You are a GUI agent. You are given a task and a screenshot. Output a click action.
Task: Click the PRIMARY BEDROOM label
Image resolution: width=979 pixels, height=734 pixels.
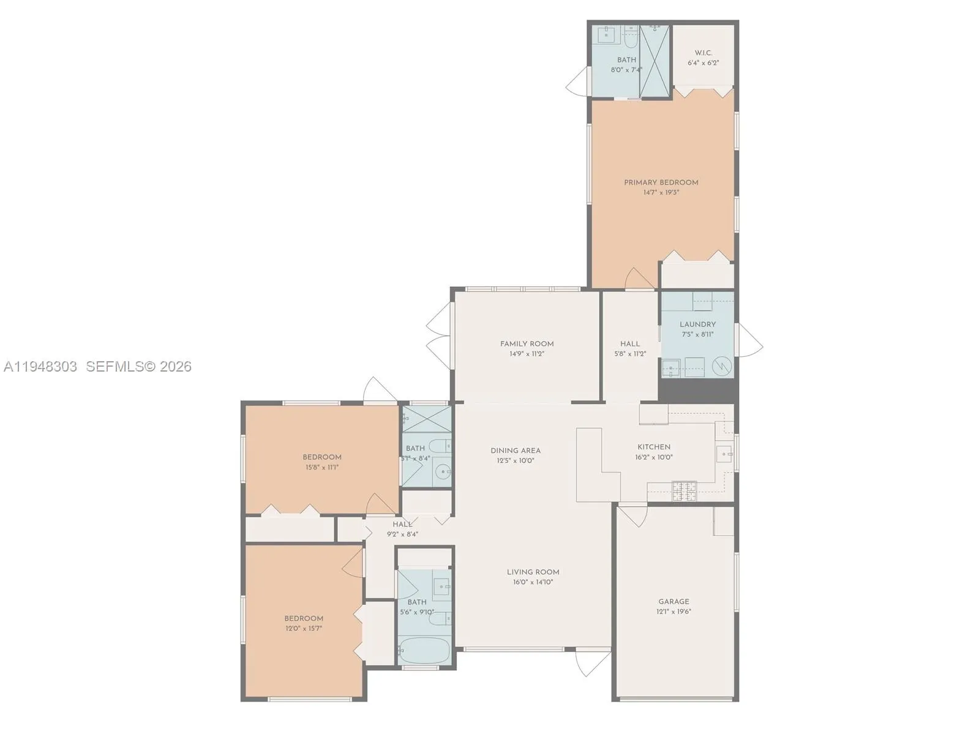click(x=661, y=182)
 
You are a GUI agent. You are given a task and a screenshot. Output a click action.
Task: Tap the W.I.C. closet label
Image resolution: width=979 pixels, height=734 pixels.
click(x=703, y=53)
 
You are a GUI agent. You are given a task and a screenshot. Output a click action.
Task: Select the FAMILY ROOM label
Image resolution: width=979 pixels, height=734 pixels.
click(x=527, y=344)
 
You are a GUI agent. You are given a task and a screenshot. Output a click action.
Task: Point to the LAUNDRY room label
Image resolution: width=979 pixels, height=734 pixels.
click(x=697, y=324)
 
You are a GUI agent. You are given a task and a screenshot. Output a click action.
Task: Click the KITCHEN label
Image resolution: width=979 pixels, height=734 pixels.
click(x=654, y=447)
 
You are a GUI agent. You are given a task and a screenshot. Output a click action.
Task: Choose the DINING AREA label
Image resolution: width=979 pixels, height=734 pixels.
click(x=516, y=451)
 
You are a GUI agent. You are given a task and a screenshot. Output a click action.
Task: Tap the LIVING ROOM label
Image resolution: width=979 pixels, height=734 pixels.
click(x=533, y=572)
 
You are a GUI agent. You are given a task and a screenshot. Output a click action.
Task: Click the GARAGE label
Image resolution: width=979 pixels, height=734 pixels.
click(x=673, y=602)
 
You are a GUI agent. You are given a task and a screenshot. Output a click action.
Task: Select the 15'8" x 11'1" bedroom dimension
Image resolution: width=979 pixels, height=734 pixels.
click(x=321, y=467)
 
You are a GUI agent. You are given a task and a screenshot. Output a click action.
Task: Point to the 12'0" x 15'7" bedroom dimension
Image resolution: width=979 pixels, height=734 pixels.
click(x=303, y=628)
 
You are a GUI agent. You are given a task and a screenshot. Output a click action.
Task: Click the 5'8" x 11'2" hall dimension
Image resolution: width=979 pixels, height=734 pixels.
click(x=630, y=354)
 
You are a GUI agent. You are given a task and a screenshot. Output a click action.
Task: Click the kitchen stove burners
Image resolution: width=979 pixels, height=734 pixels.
click(x=684, y=491)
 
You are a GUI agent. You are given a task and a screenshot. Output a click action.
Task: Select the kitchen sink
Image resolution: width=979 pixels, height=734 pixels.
click(x=725, y=454)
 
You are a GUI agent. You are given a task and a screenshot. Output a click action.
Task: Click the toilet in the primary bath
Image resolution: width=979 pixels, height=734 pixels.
click(x=631, y=40)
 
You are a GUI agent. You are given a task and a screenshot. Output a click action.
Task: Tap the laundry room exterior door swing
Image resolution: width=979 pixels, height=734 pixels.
click(x=749, y=340)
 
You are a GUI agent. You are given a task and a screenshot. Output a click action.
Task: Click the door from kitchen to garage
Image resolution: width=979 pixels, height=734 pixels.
click(x=632, y=515)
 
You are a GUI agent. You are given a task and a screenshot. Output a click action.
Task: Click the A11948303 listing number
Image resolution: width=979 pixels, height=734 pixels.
click(x=40, y=367)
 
